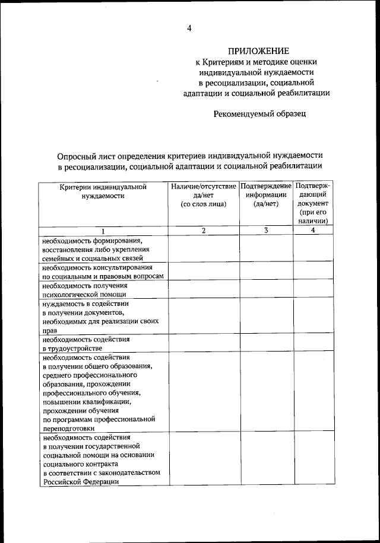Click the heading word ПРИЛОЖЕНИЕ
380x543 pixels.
(259, 51)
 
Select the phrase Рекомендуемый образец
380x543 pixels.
(259, 114)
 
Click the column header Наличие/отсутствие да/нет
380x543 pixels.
(203, 195)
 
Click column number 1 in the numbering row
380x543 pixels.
(103, 231)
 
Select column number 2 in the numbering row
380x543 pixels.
(203, 231)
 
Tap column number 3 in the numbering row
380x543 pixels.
(266, 231)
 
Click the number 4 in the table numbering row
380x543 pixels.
(313, 231)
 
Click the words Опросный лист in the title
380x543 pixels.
(84, 155)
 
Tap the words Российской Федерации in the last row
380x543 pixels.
(80, 483)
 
